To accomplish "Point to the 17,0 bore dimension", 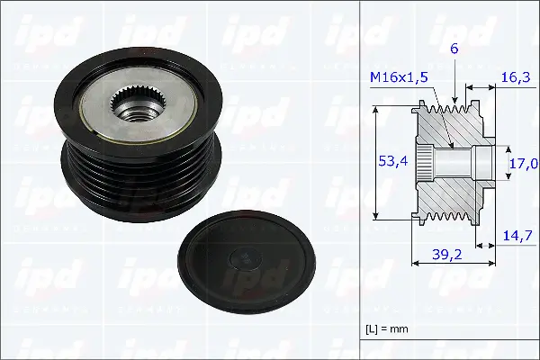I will (x=525, y=164).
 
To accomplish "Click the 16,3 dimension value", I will (x=515, y=78).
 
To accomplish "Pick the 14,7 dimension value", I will (x=515, y=235).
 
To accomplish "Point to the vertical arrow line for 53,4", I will (x=376, y=163).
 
